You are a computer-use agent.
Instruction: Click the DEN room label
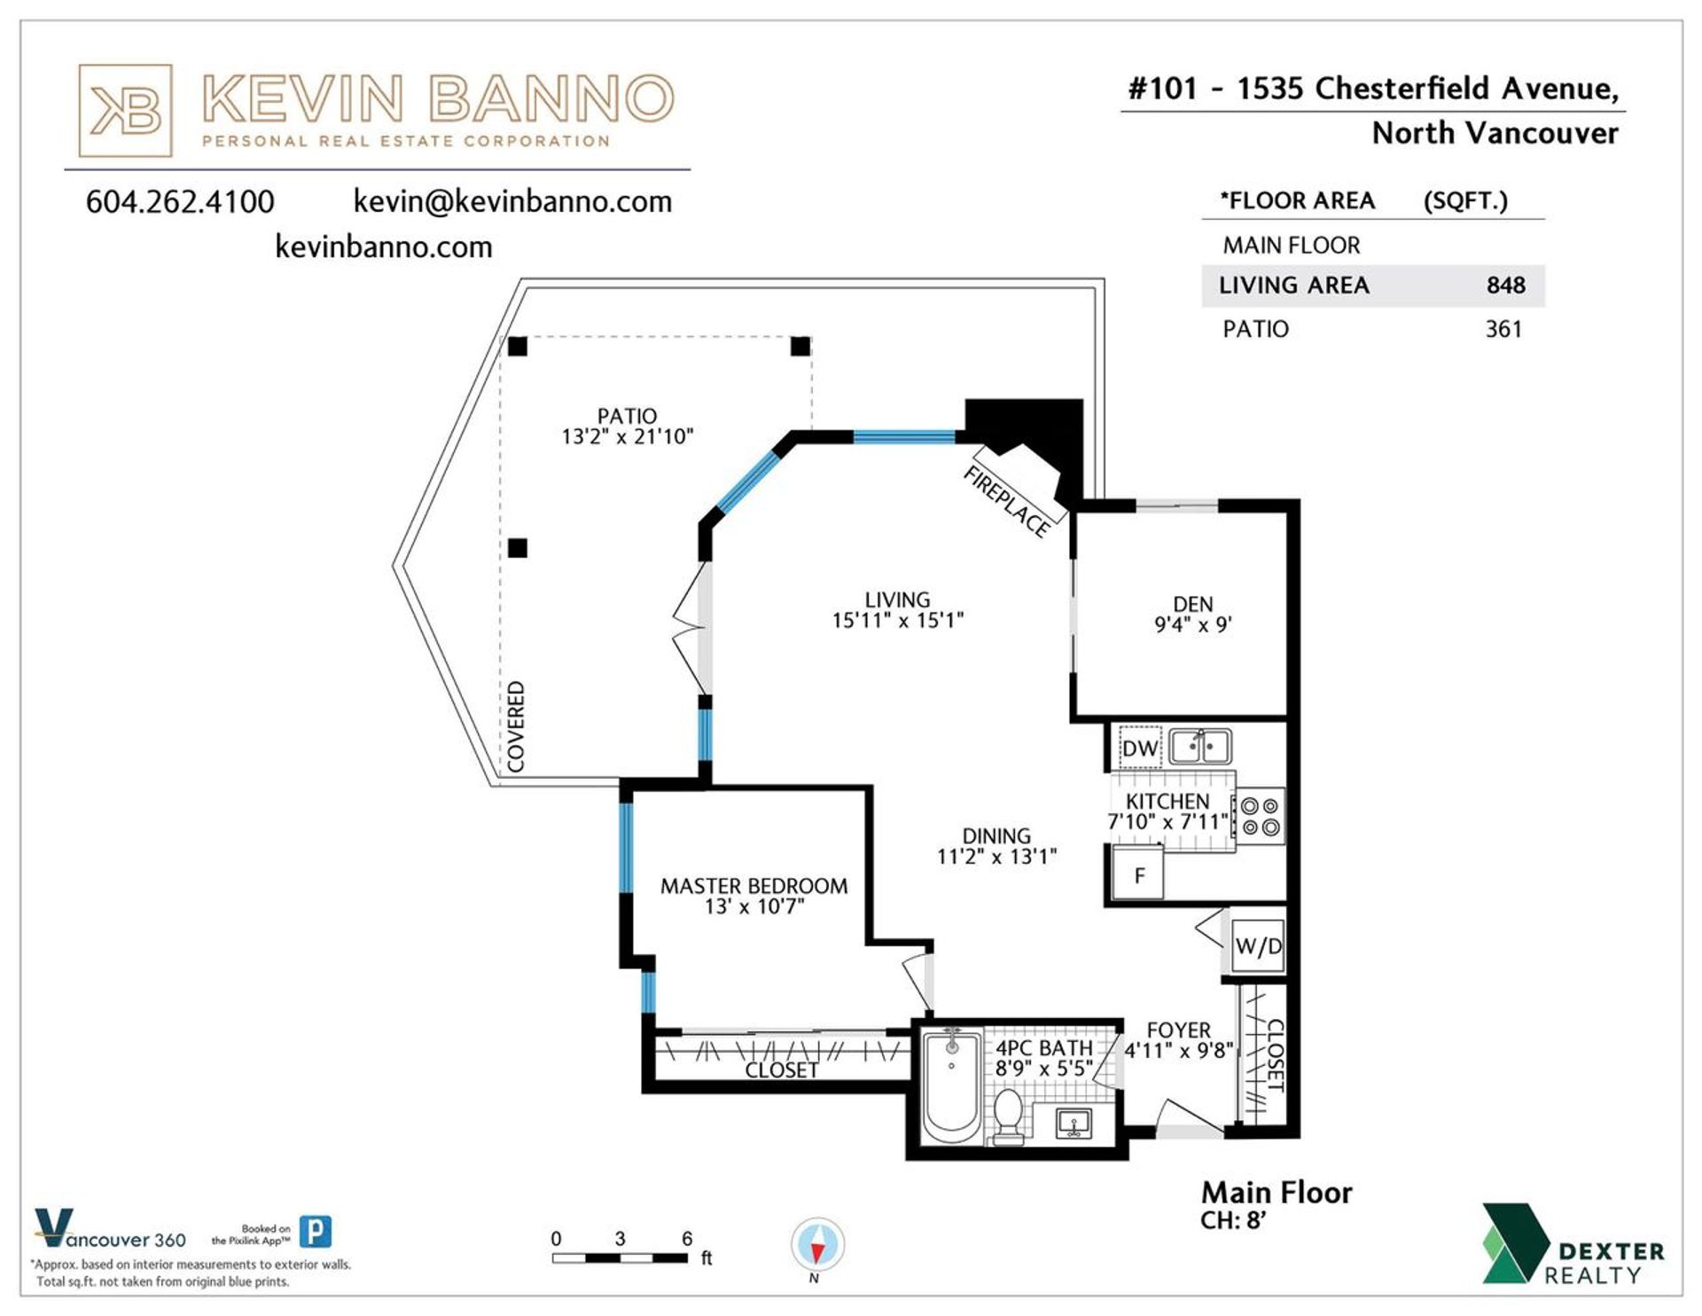click(x=1192, y=604)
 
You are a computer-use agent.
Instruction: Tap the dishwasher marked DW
click(x=1139, y=748)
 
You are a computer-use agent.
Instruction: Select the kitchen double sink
click(x=1199, y=746)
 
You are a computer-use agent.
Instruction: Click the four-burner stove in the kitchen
click(x=1260, y=817)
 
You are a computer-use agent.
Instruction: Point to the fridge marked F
click(x=1138, y=873)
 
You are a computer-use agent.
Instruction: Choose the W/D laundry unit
click(x=1258, y=946)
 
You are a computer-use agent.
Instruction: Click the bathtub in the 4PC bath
click(x=952, y=1087)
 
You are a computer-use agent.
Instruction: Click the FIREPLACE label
click(x=1006, y=502)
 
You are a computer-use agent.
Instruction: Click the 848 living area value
click(x=1505, y=286)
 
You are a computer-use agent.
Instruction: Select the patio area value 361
click(x=1503, y=329)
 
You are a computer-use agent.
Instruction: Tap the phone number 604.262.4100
click(x=180, y=202)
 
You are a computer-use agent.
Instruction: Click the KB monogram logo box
click(x=125, y=111)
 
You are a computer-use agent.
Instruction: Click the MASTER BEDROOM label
click(x=753, y=886)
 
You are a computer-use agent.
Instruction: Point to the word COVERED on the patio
click(x=515, y=726)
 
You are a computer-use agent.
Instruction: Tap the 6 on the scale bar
click(x=687, y=1239)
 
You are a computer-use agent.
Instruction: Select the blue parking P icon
click(x=316, y=1232)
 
